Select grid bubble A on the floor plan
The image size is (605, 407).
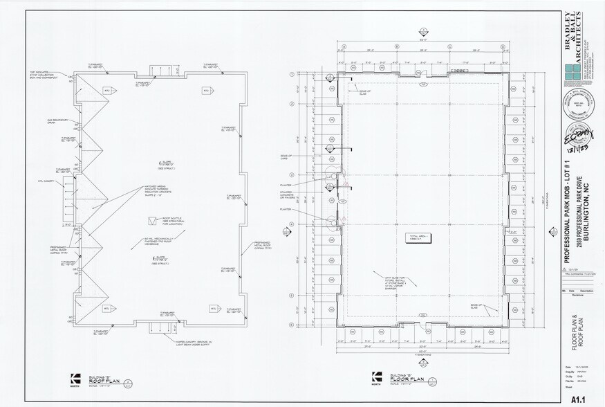point(342,47)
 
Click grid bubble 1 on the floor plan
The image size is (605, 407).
point(292,73)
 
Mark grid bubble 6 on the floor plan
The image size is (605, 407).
point(292,325)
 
